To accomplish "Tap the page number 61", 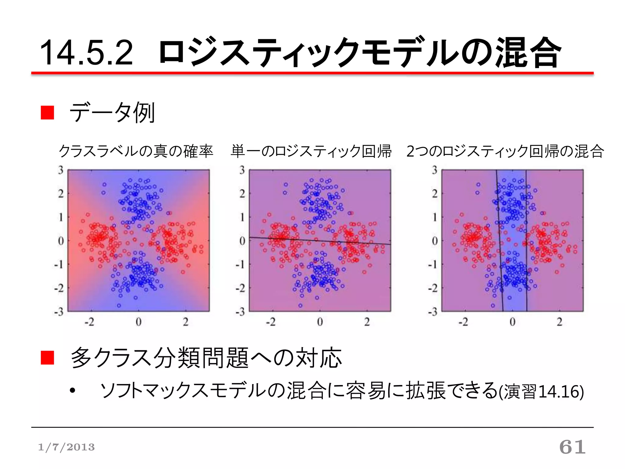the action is pyautogui.click(x=572, y=447).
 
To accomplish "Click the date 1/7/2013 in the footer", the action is pyautogui.click(x=66, y=447).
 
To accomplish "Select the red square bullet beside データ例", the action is pyautogui.click(x=47, y=113).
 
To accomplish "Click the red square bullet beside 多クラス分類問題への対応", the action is pyautogui.click(x=47, y=358).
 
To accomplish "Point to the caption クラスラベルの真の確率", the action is pyautogui.click(x=136, y=151).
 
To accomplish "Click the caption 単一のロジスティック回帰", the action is pyautogui.click(x=311, y=151).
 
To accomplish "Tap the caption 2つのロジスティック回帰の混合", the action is pyautogui.click(x=505, y=151).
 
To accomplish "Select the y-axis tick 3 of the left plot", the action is pyautogui.click(x=61, y=170).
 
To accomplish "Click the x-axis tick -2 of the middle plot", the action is pyautogui.click(x=270, y=322).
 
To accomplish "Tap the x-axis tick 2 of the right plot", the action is pyautogui.click(x=559, y=322).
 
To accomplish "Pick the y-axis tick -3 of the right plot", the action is pyautogui.click(x=433, y=312).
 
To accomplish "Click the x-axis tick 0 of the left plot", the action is pyautogui.click(x=139, y=322).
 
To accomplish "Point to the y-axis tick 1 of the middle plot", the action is pyautogui.click(x=242, y=217).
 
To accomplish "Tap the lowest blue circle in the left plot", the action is pyautogui.click(x=119, y=305).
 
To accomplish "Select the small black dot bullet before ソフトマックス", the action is pyautogui.click(x=72, y=391).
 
